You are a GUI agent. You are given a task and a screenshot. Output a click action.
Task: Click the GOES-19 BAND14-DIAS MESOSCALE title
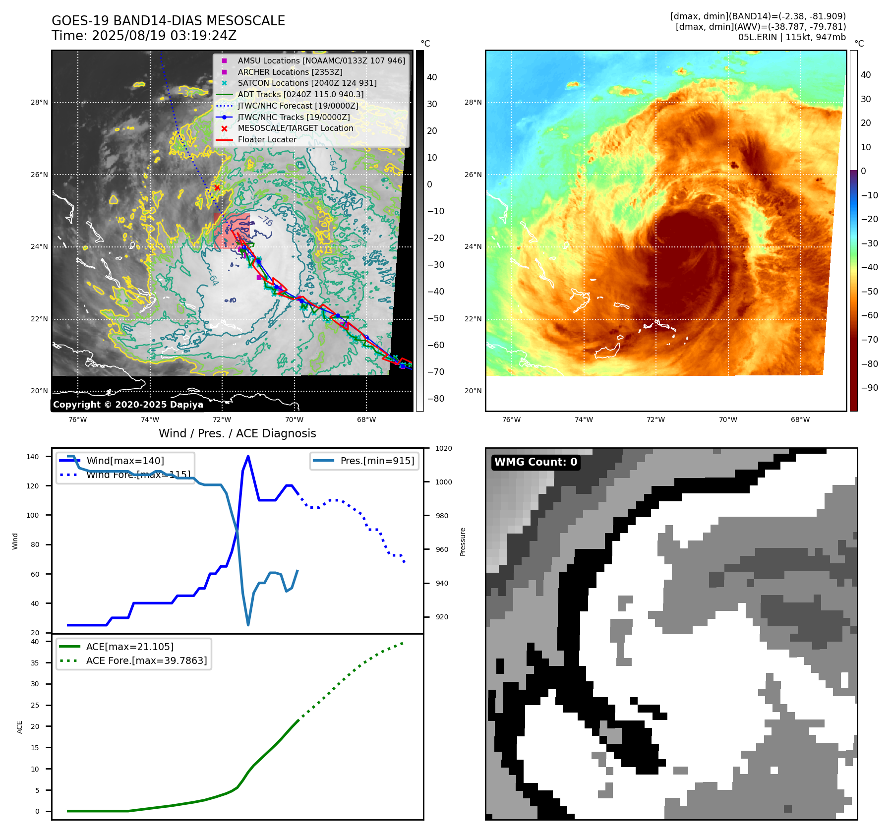168,21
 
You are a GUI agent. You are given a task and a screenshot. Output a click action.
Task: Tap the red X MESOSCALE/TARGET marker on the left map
217,187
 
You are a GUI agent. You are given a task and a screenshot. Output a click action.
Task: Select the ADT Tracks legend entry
300,94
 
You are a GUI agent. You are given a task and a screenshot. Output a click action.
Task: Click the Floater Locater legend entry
267,139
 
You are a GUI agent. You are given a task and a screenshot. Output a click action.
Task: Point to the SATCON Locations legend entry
307,83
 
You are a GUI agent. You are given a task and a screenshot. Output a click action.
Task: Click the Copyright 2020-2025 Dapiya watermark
128,405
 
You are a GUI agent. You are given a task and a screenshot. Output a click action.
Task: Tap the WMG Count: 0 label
535,462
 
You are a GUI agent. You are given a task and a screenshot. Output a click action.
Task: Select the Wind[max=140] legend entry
125,461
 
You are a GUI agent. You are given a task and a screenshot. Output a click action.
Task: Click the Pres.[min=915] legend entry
377,461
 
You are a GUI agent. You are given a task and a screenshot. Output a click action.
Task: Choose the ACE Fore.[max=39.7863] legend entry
146,660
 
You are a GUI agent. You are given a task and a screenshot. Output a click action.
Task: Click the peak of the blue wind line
248,456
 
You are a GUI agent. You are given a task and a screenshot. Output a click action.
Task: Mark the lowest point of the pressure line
248,625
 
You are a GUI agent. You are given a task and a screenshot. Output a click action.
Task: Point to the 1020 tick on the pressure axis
443,448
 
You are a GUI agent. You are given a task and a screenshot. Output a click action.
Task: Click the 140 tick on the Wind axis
33,457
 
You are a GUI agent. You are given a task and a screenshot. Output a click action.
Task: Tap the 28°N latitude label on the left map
40,103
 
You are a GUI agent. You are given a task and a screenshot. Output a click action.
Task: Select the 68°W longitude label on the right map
800,419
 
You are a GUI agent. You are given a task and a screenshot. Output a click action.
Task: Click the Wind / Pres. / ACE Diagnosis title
237,433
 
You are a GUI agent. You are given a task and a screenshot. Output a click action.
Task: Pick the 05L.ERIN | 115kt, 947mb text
792,37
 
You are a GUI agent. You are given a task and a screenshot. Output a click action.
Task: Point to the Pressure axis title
463,541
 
